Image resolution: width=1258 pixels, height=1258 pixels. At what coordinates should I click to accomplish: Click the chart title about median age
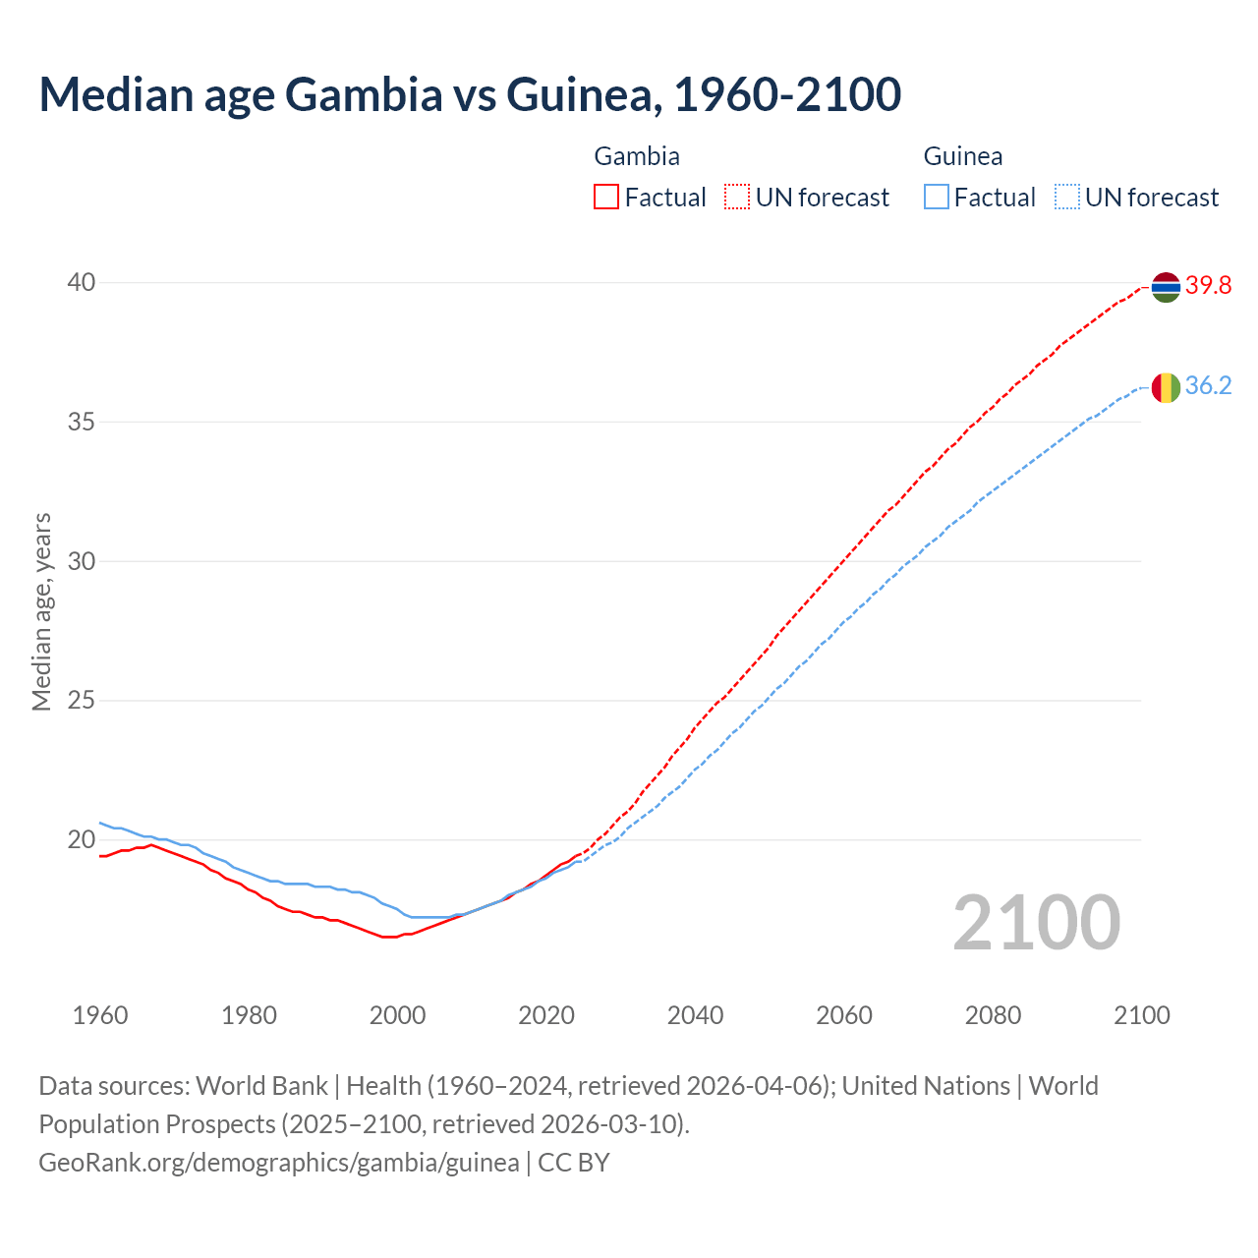click(x=470, y=95)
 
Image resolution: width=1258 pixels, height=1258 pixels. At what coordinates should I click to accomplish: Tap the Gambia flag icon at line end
click(x=1165, y=287)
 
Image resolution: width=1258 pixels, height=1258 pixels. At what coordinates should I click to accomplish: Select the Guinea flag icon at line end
click(x=1165, y=387)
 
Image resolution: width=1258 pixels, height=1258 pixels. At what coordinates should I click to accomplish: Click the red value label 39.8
click(x=1208, y=286)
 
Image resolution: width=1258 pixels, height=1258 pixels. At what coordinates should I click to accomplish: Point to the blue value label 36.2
click(x=1208, y=385)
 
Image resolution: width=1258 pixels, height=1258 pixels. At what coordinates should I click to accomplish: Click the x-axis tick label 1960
click(x=100, y=1015)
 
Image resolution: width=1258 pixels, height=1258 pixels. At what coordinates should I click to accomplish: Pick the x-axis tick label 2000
click(x=398, y=1015)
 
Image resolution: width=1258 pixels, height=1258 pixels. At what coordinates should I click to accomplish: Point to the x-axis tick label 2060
click(x=844, y=1015)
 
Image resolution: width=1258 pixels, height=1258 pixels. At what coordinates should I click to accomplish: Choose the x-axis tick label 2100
click(x=1141, y=1015)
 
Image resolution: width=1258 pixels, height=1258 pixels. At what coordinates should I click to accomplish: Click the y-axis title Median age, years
click(x=41, y=611)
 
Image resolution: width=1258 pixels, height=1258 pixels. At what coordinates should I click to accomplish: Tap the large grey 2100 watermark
click(x=1036, y=923)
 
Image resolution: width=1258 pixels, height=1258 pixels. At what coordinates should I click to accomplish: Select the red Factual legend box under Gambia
click(x=606, y=198)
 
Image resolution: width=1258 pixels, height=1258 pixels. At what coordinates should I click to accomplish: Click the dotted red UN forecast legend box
click(x=737, y=198)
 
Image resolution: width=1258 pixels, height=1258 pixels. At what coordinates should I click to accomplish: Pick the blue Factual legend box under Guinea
click(x=937, y=198)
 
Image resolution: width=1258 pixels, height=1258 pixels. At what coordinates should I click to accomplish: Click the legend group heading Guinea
click(x=962, y=156)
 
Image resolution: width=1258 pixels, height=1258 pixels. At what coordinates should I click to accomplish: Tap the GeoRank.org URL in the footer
click(x=279, y=1163)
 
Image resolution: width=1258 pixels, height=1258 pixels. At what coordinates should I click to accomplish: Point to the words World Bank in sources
click(x=261, y=1086)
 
